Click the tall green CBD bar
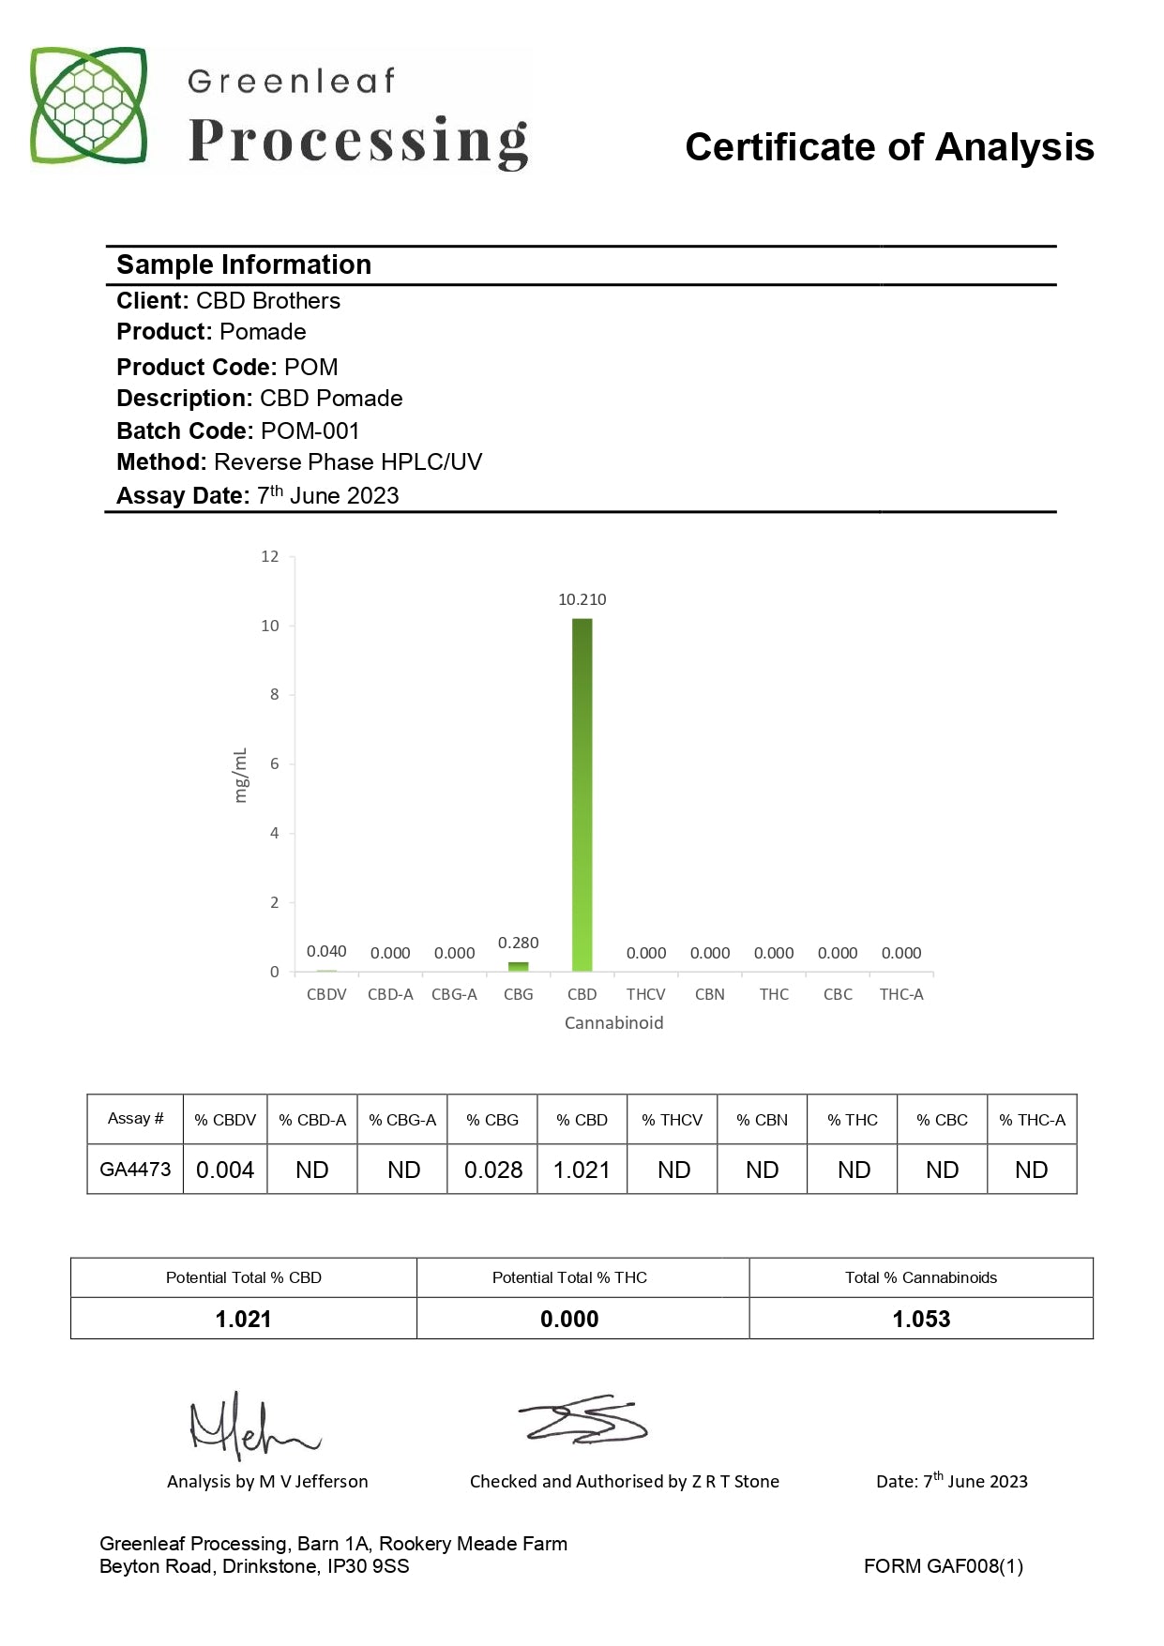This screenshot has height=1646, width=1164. coord(582,795)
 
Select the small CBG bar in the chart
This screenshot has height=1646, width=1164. coord(518,966)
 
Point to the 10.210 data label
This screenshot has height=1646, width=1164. coord(582,599)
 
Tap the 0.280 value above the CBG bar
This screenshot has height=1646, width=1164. coord(518,943)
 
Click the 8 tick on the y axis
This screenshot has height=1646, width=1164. coord(274,695)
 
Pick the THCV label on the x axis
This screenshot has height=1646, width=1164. coord(645,994)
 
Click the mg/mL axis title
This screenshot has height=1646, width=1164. coord(241,775)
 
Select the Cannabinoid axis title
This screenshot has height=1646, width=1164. coord(613,1023)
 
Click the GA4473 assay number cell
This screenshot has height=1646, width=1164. coord(135,1170)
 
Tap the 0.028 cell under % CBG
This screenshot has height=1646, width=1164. coord(493,1170)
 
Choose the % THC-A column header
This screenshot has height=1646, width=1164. coord(1032,1120)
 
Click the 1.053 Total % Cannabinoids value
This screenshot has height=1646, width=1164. coord(921,1319)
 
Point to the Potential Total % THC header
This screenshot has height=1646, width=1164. coord(569,1277)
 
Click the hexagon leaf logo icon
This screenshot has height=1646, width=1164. coord(89,105)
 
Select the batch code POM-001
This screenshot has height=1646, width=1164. coord(310,430)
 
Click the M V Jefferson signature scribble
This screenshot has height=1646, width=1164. coord(251,1426)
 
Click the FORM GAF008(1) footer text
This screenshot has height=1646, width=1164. coord(943,1566)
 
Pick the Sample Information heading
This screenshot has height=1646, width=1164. coord(244,264)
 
